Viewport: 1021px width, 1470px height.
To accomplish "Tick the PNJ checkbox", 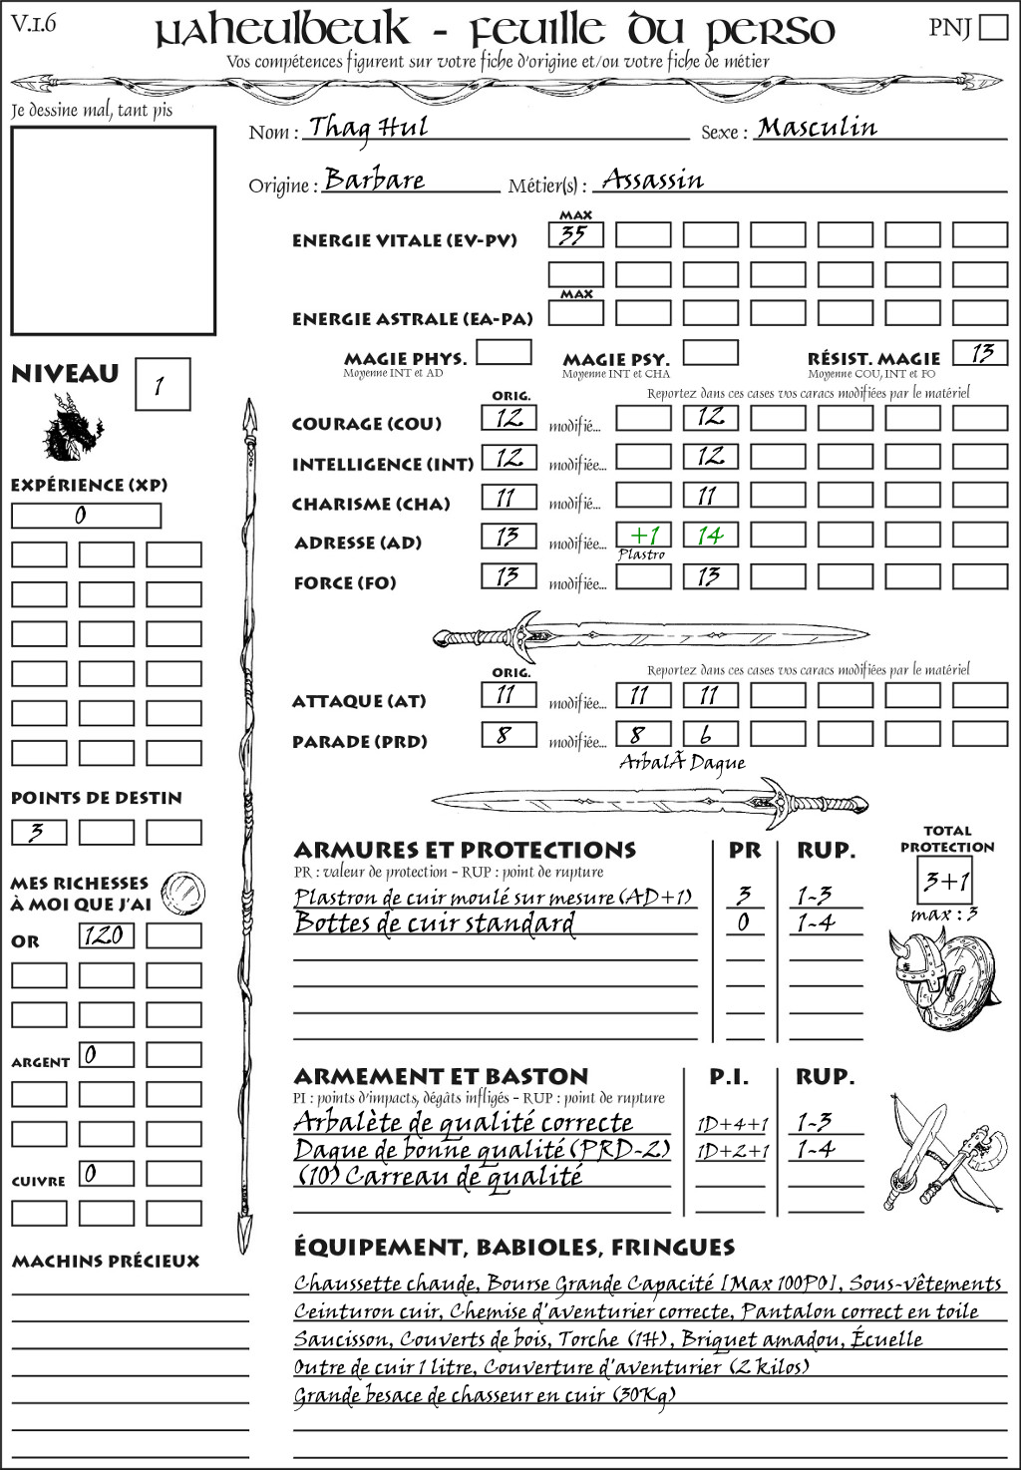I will click(x=993, y=27).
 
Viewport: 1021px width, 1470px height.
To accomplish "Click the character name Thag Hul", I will click(x=368, y=128).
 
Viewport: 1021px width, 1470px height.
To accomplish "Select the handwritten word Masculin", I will click(x=817, y=128).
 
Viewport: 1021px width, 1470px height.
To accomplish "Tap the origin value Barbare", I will click(x=375, y=181).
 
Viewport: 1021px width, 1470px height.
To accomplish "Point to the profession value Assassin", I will click(x=653, y=181).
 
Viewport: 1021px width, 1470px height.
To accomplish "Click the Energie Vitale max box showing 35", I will click(x=575, y=235).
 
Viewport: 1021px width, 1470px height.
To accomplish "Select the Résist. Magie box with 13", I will click(x=980, y=353).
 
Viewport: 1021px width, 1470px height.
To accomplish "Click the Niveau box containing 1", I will click(x=162, y=385).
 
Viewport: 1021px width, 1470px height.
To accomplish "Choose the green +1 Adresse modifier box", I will click(x=643, y=536).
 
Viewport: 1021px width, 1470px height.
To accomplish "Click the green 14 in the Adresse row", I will click(x=710, y=536).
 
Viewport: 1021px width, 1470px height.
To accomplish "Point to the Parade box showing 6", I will click(x=710, y=735).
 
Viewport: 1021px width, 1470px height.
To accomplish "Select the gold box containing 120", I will click(x=106, y=935).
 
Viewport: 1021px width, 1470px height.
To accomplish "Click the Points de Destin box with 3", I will click(x=39, y=832).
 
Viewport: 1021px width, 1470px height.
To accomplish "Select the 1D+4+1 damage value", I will click(x=732, y=1124).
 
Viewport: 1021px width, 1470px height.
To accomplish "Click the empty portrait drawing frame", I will click(x=113, y=230).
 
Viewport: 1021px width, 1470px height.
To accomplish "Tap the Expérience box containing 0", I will click(x=86, y=516).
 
